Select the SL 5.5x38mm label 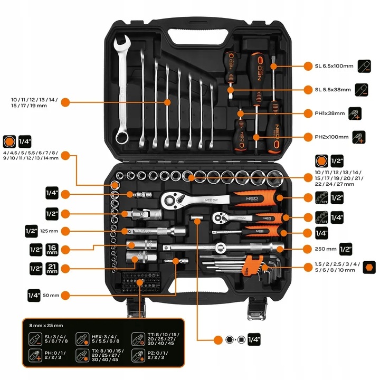click(332, 89)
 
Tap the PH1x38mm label click(330, 113)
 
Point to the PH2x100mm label click(331, 137)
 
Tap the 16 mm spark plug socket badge click(52, 249)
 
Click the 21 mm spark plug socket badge click(52, 268)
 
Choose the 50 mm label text click(51, 294)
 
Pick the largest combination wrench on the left click(122, 87)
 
